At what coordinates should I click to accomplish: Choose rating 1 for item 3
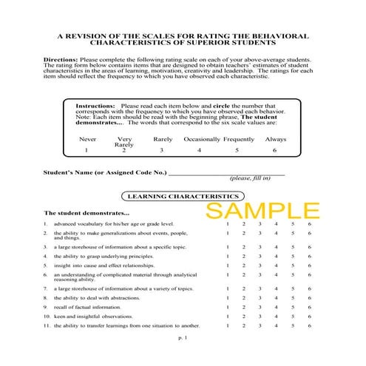228,248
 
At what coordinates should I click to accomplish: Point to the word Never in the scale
88,139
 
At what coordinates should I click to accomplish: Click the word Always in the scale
276,139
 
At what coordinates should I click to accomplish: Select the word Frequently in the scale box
239,139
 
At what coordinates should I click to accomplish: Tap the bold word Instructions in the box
95,106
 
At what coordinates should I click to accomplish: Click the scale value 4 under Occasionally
199,150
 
